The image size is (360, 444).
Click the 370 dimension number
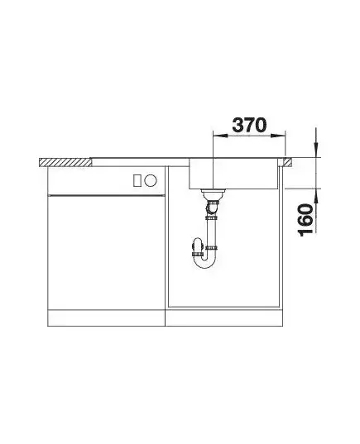pyautogui.click(x=249, y=125)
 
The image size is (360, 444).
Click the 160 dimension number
pyautogui.click(x=306, y=220)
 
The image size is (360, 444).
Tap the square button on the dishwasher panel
pyautogui.click(x=137, y=180)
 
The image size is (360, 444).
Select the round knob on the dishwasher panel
pyautogui.click(x=151, y=180)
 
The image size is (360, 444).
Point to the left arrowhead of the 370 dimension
pyautogui.click(x=220, y=136)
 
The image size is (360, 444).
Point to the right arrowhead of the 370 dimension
pyautogui.click(x=278, y=136)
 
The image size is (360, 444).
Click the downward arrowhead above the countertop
pyautogui.click(x=316, y=149)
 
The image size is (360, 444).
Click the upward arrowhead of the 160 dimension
pyautogui.click(x=316, y=196)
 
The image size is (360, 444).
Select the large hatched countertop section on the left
pyautogui.click(x=65, y=162)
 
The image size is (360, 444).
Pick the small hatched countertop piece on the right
pyautogui.click(x=286, y=162)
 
